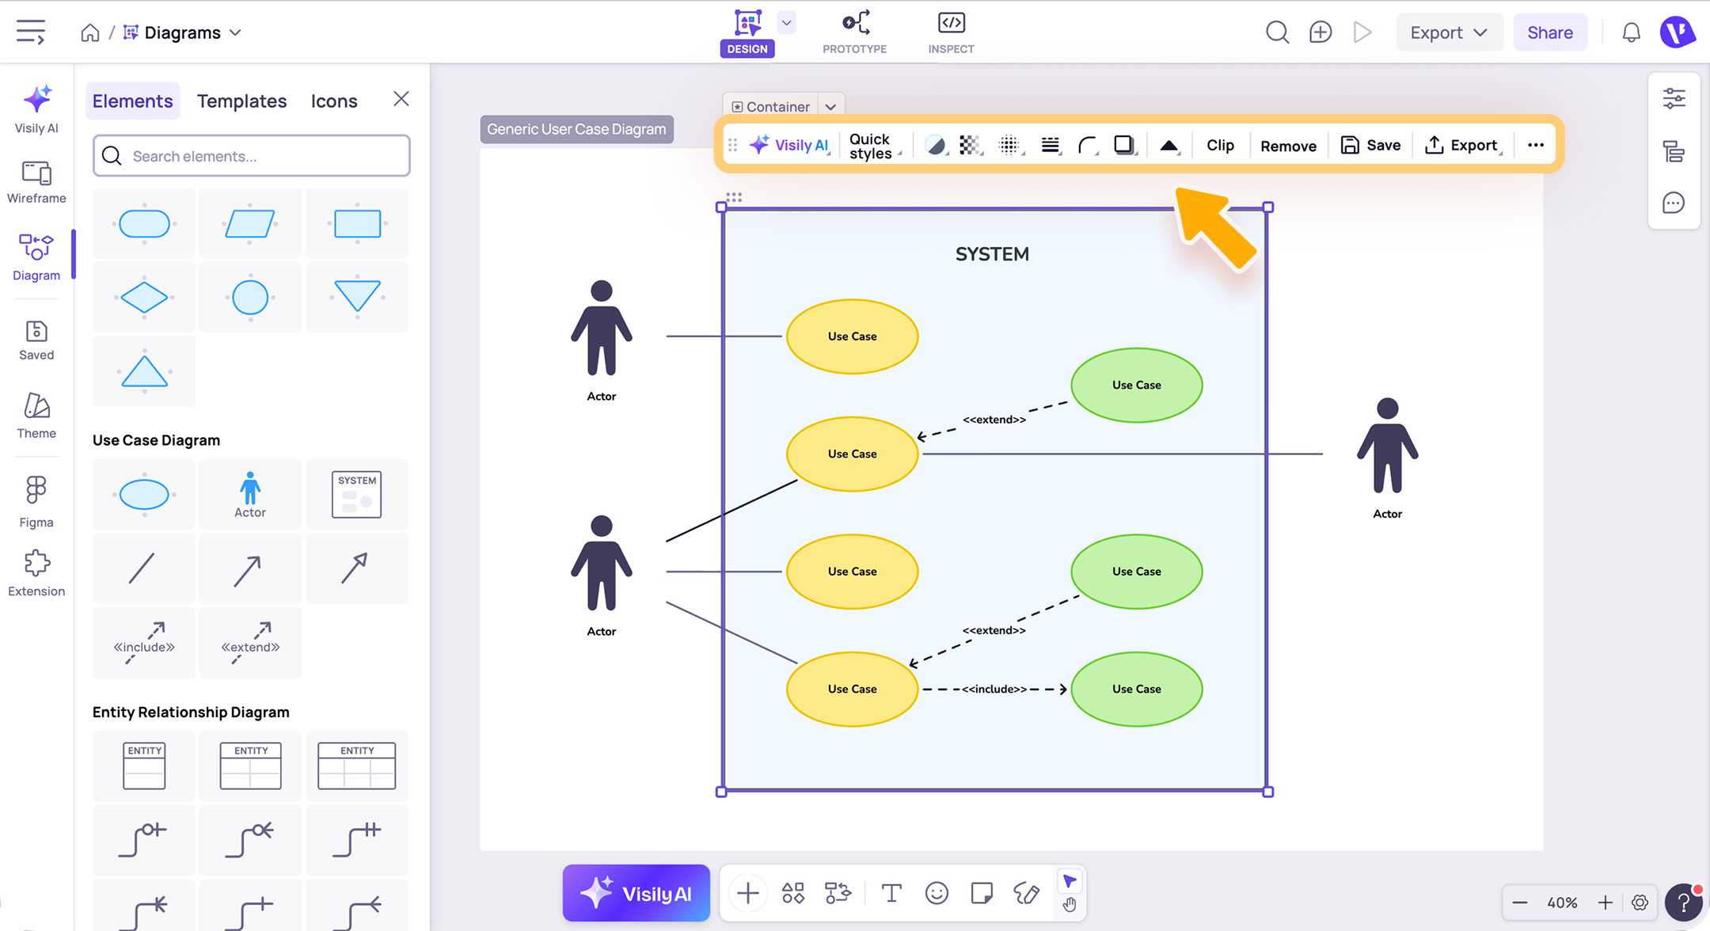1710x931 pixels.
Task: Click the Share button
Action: (1549, 32)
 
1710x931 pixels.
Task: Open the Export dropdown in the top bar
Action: (1449, 32)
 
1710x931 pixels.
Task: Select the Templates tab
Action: (241, 101)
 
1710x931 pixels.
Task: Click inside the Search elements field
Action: (252, 156)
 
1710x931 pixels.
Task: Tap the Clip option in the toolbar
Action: (1220, 145)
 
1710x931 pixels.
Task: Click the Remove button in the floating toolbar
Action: (1288, 146)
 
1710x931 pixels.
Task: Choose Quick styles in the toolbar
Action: (871, 146)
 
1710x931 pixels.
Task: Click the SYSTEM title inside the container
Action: (992, 254)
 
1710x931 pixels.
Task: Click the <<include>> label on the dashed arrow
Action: (994, 689)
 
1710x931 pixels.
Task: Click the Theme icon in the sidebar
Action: (36, 406)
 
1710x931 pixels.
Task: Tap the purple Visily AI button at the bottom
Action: (636, 893)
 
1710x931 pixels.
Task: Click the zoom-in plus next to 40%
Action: (1605, 902)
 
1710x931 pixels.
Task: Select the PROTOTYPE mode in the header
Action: (854, 32)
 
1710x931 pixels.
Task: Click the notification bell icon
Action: (1631, 32)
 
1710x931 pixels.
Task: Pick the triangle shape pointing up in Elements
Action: (144, 370)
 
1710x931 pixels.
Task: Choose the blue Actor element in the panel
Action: (250, 495)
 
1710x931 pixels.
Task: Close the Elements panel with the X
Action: (401, 99)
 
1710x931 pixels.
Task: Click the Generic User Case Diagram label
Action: (576, 129)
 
